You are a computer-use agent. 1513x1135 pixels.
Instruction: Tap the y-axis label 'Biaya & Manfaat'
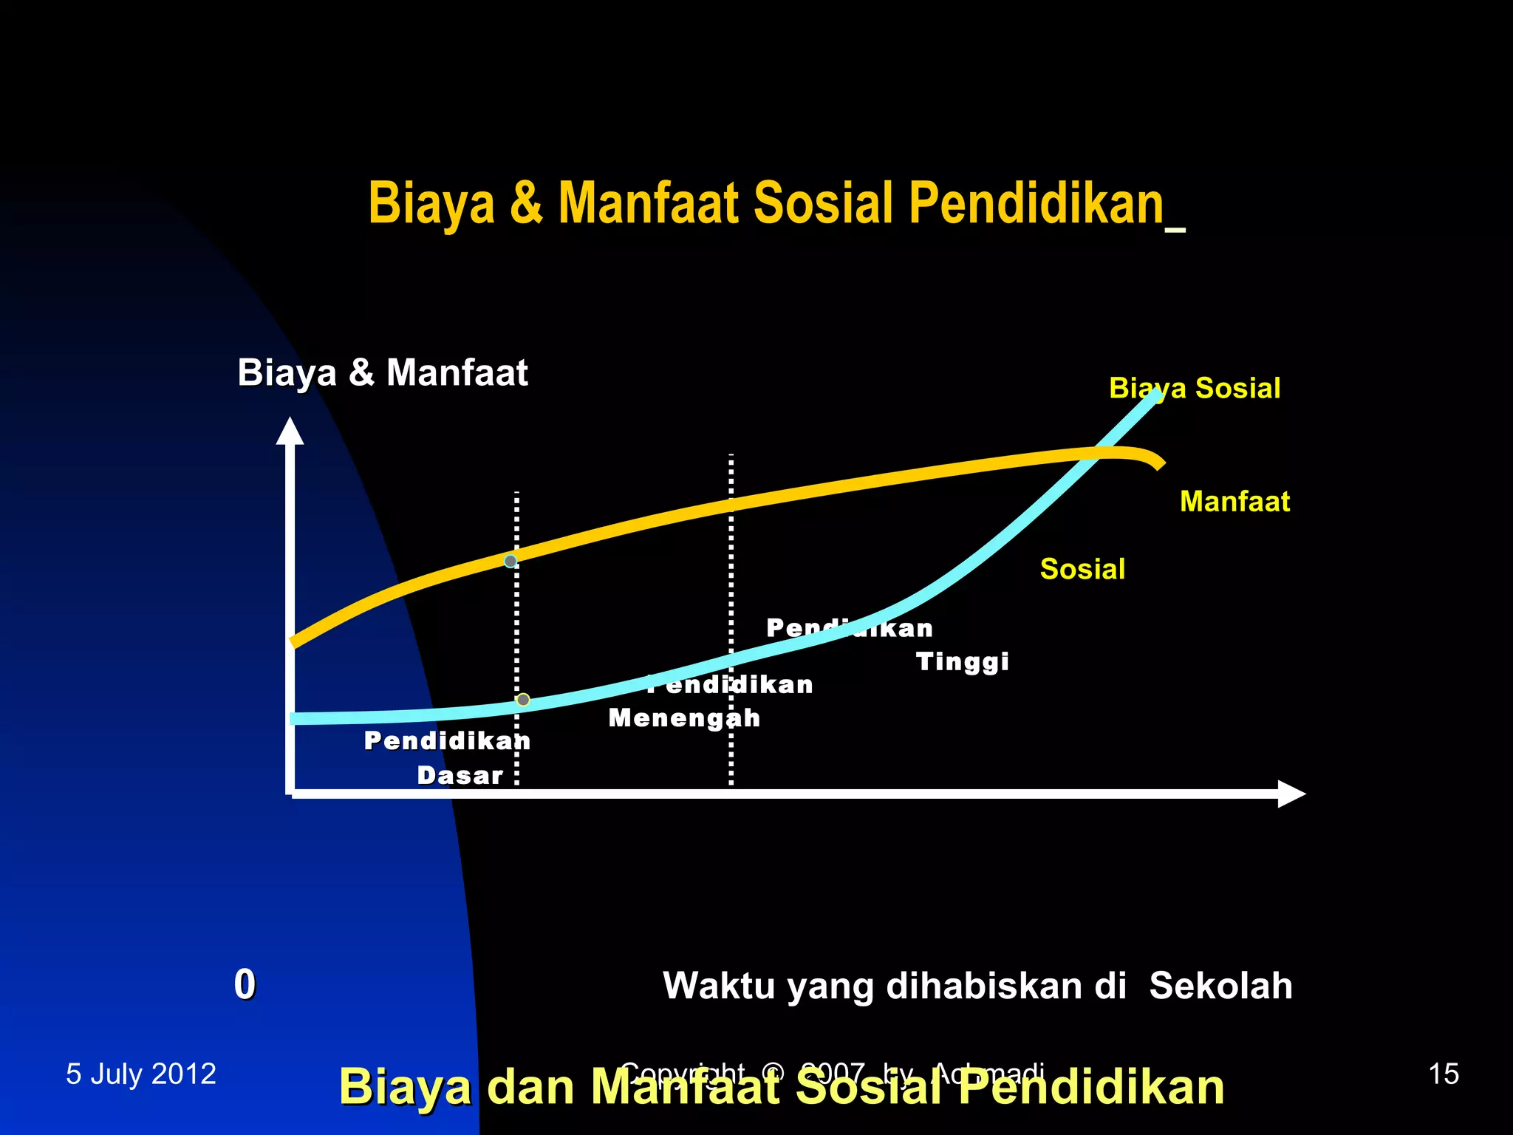382,372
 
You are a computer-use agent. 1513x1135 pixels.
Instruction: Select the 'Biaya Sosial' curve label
1195,389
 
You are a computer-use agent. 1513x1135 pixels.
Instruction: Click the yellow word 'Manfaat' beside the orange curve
1234,502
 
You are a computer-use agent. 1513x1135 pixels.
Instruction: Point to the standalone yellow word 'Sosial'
1082,570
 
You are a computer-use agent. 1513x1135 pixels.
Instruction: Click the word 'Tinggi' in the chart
962,661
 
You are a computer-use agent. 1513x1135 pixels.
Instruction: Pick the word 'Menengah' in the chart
684,718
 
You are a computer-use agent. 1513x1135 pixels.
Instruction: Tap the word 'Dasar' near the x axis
460,776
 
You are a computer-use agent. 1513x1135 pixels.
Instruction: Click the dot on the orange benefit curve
510,562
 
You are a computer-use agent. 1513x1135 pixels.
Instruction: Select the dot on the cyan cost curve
523,700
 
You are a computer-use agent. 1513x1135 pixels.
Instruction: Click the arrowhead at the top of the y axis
290,432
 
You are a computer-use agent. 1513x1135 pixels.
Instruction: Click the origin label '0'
245,984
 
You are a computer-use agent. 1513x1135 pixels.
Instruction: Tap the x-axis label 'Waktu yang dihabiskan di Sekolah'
977,986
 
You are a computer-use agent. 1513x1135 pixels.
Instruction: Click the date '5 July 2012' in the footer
141,1074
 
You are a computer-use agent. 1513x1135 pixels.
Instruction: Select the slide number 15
1444,1074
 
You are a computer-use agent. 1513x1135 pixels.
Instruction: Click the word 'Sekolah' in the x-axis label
1220,986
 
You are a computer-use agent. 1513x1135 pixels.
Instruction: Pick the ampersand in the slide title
526,205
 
